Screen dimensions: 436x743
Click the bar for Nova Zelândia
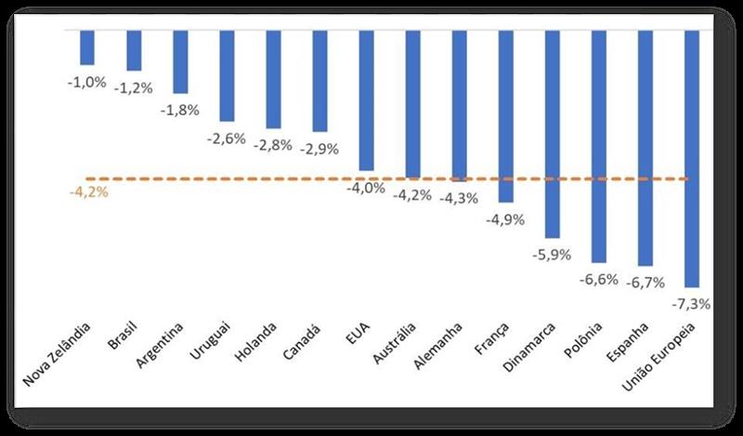tap(87, 47)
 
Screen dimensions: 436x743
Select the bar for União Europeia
tap(691, 158)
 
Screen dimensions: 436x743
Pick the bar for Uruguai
tap(227, 75)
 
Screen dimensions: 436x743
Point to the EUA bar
tap(366, 100)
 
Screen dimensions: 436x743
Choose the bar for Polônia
tap(598, 146)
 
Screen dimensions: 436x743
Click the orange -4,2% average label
tap(88, 192)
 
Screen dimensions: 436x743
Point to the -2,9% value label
tap(319, 148)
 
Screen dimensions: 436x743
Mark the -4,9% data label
tap(505, 219)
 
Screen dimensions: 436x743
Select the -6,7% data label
tap(641, 282)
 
